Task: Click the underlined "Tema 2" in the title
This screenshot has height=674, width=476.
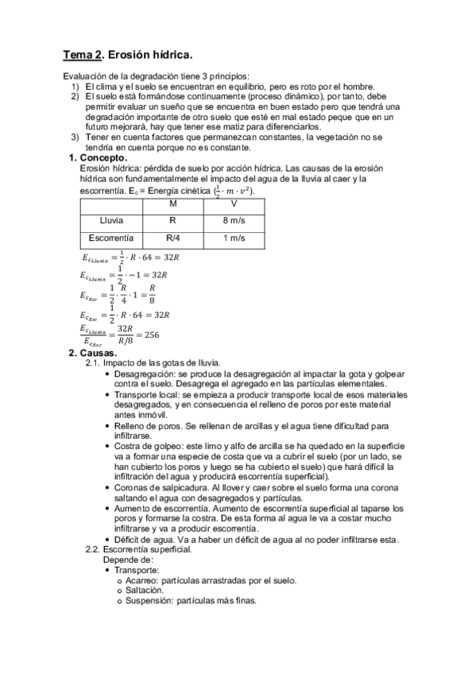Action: click(x=83, y=55)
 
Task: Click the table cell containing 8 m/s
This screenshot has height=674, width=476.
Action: click(x=233, y=220)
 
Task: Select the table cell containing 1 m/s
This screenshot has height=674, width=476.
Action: click(x=233, y=238)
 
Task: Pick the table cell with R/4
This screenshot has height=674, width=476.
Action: click(x=172, y=238)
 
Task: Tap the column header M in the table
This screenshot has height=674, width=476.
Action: click(x=172, y=203)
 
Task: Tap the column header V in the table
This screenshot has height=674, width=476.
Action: click(x=233, y=203)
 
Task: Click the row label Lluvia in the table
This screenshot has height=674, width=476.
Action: click(x=110, y=220)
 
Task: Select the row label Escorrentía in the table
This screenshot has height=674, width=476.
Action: click(x=110, y=238)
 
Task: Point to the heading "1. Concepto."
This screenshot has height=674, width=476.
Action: click(x=99, y=158)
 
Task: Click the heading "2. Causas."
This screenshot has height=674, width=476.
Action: click(x=93, y=353)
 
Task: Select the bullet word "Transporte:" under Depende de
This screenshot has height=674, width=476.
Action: click(x=136, y=571)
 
